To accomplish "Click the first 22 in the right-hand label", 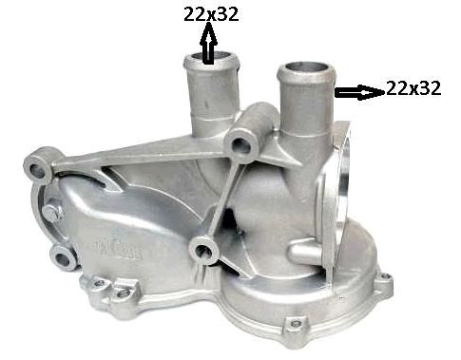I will pyautogui.click(x=397, y=88).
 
